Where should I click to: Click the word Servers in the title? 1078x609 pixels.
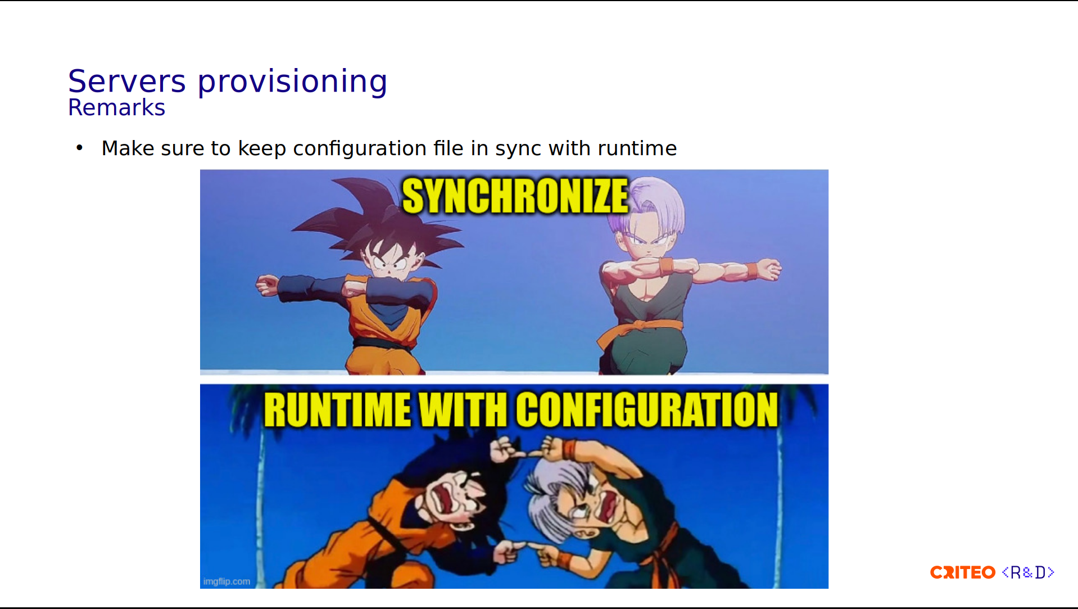(x=126, y=82)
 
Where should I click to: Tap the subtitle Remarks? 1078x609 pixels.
(x=116, y=107)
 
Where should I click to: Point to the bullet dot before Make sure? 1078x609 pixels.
(x=79, y=148)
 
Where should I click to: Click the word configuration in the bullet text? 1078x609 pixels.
(x=360, y=149)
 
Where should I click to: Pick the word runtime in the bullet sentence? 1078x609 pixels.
(x=637, y=148)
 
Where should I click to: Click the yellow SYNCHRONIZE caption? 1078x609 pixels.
(x=515, y=196)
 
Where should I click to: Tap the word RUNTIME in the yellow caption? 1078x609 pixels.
(x=337, y=409)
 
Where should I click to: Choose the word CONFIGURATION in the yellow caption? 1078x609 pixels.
(x=647, y=409)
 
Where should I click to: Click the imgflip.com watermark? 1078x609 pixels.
(x=227, y=581)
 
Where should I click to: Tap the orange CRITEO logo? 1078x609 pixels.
(x=963, y=572)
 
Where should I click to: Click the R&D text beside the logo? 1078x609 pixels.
(x=1028, y=572)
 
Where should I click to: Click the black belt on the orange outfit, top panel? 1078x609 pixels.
(x=382, y=343)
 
